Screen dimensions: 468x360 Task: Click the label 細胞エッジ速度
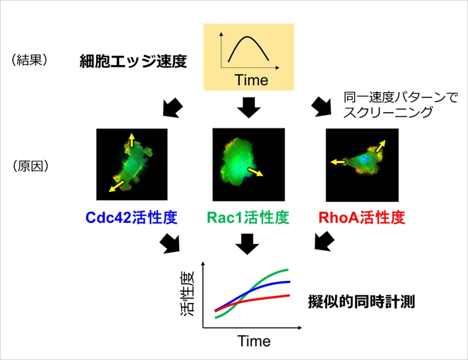pyautogui.click(x=133, y=61)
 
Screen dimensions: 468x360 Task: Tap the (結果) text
pyautogui.click(x=29, y=60)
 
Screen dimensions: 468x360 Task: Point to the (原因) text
pyautogui.click(x=30, y=166)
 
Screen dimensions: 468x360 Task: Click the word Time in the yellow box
pyautogui.click(x=252, y=80)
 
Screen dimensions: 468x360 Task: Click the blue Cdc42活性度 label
pyautogui.click(x=131, y=217)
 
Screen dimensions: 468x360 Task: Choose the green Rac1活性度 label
pyautogui.click(x=248, y=217)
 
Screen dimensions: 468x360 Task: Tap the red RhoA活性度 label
pyautogui.click(x=361, y=217)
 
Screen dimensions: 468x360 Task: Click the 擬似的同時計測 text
pyautogui.click(x=361, y=301)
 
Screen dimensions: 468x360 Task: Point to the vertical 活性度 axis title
pyautogui.click(x=188, y=293)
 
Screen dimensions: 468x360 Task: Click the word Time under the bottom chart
pyautogui.click(x=254, y=341)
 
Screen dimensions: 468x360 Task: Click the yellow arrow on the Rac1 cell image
pyautogui.click(x=255, y=171)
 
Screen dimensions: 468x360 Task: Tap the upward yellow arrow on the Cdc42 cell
pyautogui.click(x=131, y=140)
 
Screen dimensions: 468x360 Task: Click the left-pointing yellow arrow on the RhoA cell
pyautogui.click(x=338, y=162)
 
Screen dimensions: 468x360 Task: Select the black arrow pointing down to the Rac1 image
pyautogui.click(x=249, y=107)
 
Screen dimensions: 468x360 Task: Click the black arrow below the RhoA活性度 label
pyautogui.click(x=324, y=241)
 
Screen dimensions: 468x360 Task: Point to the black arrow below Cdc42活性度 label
pyautogui.click(x=170, y=243)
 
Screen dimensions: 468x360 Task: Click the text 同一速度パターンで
pyautogui.click(x=401, y=98)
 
